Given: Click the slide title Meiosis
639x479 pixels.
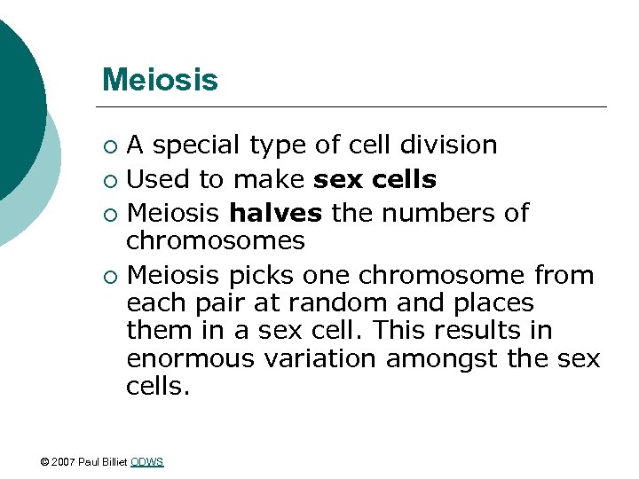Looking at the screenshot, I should coord(160,80).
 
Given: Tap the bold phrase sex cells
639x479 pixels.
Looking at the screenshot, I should coord(375,179).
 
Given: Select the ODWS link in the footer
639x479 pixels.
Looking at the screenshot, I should coord(146,462).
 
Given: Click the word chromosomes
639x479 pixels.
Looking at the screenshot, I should coord(216,240).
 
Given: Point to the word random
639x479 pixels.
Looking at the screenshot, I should coord(334,302).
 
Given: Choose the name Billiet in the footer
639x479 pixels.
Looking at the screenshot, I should coord(114,462).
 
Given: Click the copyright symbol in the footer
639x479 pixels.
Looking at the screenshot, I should coord(45,462).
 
